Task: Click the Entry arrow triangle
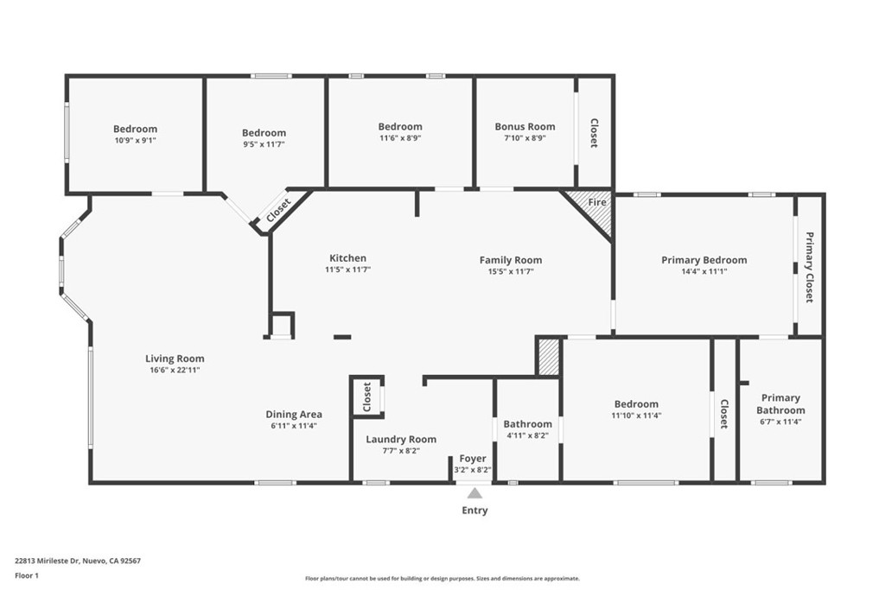click(x=474, y=493)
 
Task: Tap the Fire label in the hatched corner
click(x=597, y=202)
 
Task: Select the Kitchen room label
click(x=347, y=258)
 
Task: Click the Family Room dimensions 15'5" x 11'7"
click(x=511, y=271)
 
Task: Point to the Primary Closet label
click(x=809, y=268)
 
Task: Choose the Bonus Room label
click(x=525, y=127)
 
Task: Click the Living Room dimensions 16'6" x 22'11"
click(x=175, y=370)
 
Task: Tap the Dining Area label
click(x=294, y=415)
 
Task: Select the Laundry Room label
click(x=401, y=440)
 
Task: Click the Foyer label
click(x=473, y=459)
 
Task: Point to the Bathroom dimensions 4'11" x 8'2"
click(x=528, y=435)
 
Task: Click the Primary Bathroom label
click(x=780, y=404)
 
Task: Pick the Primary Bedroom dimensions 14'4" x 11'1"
click(x=704, y=271)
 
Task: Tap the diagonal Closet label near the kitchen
click(x=278, y=211)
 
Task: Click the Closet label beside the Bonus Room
click(x=594, y=133)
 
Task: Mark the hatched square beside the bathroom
click(x=548, y=357)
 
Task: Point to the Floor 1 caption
click(x=27, y=576)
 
